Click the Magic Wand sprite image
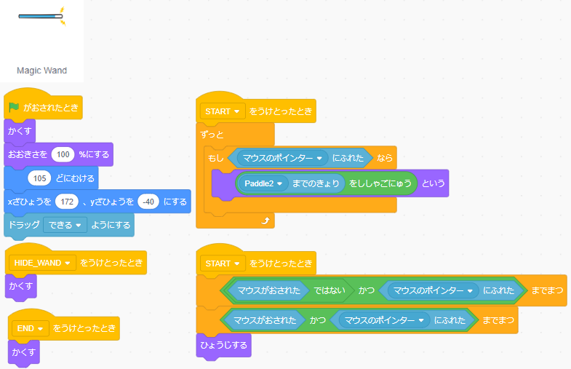tap(41, 15)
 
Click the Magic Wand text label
tap(41, 71)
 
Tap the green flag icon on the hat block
tap(14, 108)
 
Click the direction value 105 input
tap(40, 178)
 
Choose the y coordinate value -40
tap(148, 202)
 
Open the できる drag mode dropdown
tap(65, 225)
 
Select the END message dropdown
tap(30, 328)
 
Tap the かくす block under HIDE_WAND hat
tap(20, 285)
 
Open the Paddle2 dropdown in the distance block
tap(263, 183)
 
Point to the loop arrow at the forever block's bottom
tap(265, 220)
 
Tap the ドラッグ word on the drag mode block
tap(23, 225)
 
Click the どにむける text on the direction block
tap(76, 178)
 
